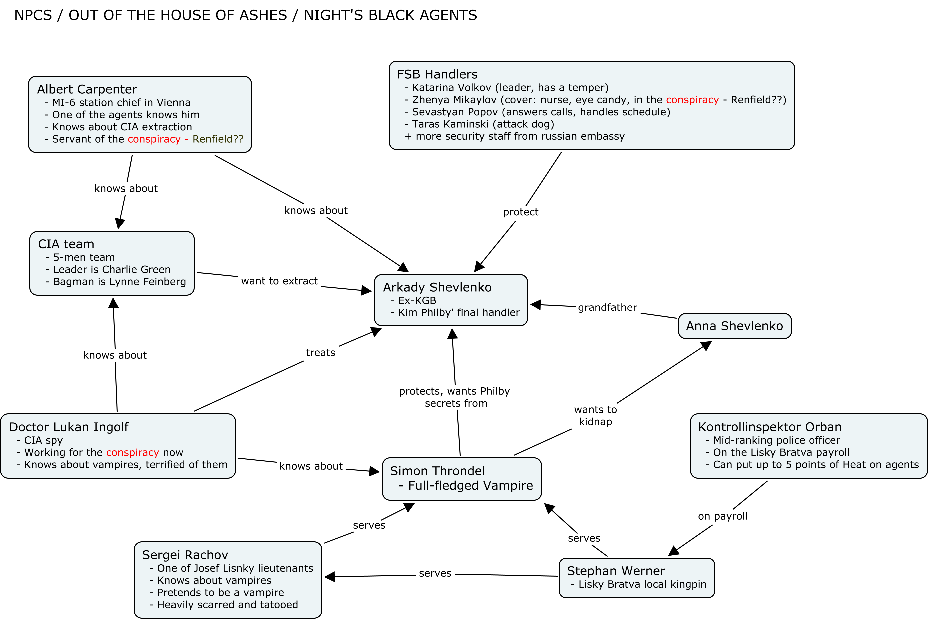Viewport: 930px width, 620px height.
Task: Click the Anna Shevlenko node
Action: pos(735,326)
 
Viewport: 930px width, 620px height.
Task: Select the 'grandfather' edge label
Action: pos(608,307)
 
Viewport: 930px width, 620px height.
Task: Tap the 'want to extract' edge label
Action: pos(279,281)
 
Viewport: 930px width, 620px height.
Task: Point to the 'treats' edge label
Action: pos(320,353)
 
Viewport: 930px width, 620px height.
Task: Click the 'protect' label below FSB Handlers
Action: pos(521,212)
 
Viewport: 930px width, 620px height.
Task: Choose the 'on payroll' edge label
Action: pos(723,516)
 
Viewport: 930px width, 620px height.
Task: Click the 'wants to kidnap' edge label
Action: pos(595,415)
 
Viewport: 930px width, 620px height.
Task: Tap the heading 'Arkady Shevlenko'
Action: pos(437,287)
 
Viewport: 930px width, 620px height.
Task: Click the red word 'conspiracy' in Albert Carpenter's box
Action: pos(154,139)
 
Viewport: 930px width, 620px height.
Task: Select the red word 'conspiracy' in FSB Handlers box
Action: pos(692,100)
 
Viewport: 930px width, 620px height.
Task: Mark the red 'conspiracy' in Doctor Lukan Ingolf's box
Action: pos(133,452)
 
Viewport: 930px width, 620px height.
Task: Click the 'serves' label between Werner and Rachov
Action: pos(435,573)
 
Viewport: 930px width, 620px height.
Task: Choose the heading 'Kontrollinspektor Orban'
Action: pos(770,427)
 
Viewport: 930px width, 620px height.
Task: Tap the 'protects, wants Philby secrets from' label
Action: pos(455,397)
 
